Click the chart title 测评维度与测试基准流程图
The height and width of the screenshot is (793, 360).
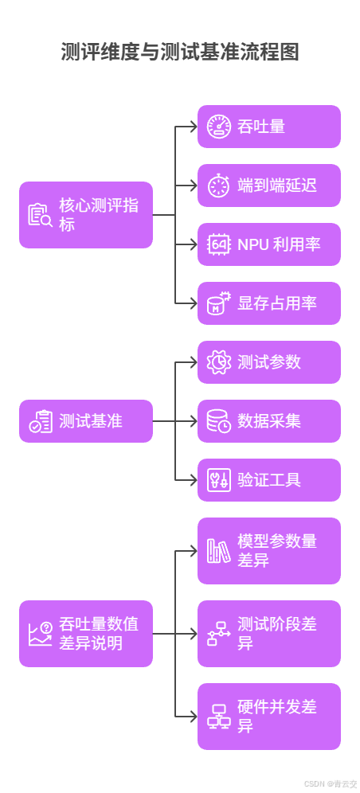pyautogui.click(x=180, y=53)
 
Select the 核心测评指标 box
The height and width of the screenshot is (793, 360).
pyautogui.click(x=86, y=215)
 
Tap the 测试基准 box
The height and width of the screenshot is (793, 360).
pyautogui.click(x=86, y=421)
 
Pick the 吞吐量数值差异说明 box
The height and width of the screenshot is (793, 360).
pyautogui.click(x=86, y=634)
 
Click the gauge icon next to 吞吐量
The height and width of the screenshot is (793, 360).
pyautogui.click(x=219, y=127)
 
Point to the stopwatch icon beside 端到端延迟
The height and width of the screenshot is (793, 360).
pyautogui.click(x=219, y=186)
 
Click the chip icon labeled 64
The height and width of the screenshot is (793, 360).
pyautogui.click(x=219, y=244)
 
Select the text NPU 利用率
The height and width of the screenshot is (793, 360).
pyautogui.click(x=279, y=244)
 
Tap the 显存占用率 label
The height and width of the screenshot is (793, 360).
pyautogui.click(x=277, y=303)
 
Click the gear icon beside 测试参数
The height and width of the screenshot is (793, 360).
pyautogui.click(x=219, y=362)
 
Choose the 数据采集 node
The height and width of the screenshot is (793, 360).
pyautogui.click(x=269, y=421)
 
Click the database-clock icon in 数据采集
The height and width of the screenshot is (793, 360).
pyautogui.click(x=219, y=421)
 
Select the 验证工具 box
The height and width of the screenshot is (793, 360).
pyautogui.click(x=269, y=480)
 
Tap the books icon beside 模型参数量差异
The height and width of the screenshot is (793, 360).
pyautogui.click(x=219, y=551)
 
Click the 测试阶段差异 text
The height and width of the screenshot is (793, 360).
pyautogui.click(x=277, y=634)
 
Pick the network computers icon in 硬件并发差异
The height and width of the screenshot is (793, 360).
pyautogui.click(x=219, y=717)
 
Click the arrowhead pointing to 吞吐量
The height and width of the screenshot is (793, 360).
pyautogui.click(x=193, y=127)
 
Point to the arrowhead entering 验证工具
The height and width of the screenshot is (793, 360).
pyautogui.click(x=193, y=480)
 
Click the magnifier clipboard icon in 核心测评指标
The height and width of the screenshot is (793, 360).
pyautogui.click(x=40, y=215)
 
